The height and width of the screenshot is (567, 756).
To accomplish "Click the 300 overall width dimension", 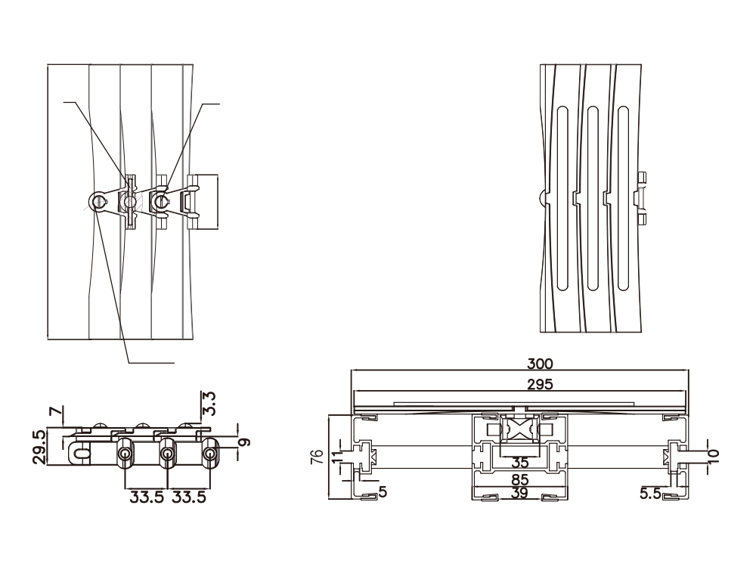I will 519,364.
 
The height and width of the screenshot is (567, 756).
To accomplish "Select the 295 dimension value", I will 519,384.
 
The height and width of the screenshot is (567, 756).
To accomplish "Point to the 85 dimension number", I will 519,479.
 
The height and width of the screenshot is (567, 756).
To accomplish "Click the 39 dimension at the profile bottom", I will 519,494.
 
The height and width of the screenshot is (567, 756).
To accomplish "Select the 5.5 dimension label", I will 650,493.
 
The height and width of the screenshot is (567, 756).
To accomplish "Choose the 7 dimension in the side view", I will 52,413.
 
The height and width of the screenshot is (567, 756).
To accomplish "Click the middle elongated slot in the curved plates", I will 592,197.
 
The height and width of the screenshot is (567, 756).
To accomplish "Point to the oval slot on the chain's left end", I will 81,453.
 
